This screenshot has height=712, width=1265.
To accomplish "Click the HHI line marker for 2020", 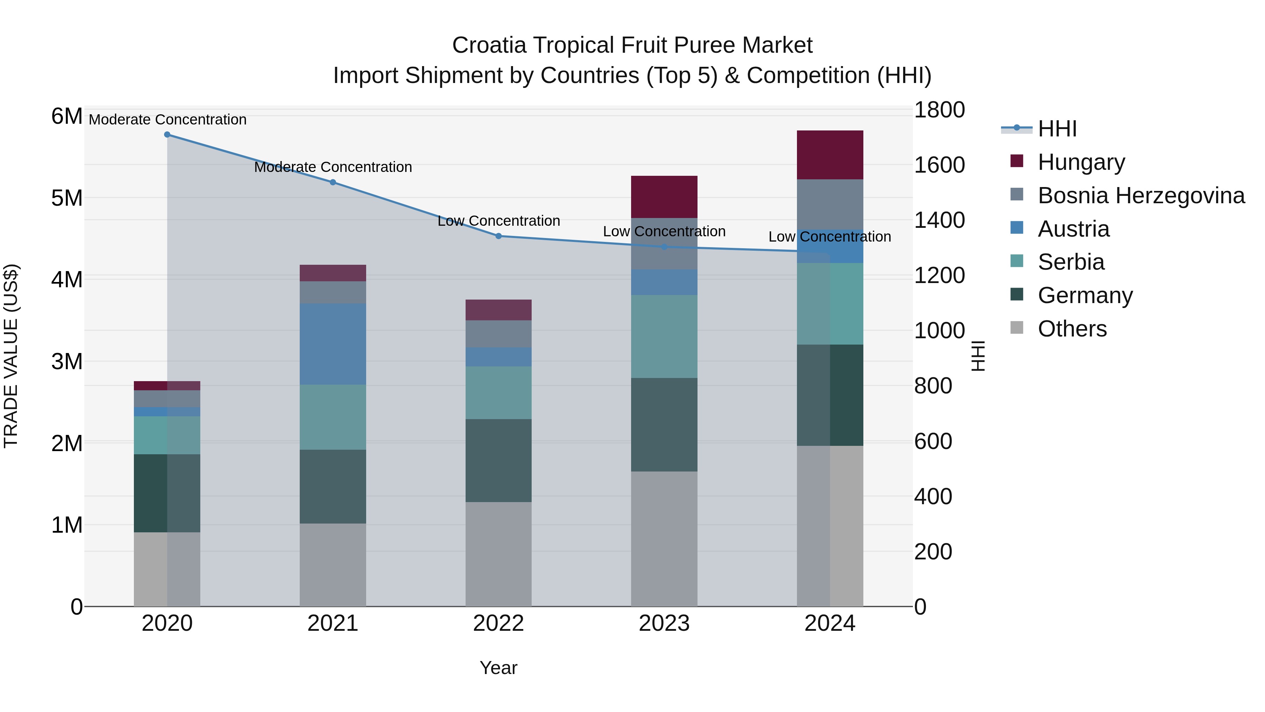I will [x=167, y=134].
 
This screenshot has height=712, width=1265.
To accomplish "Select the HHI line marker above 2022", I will [x=498, y=236].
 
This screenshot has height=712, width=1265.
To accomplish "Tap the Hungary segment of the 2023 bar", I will [x=664, y=197].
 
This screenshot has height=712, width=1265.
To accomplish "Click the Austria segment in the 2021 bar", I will [x=332, y=344].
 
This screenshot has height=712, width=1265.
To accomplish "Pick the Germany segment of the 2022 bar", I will [x=498, y=460].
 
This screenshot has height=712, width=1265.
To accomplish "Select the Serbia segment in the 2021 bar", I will [x=332, y=417].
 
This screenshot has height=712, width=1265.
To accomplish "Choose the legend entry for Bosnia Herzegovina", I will [x=1141, y=195].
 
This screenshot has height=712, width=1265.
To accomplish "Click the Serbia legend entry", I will [x=1071, y=262].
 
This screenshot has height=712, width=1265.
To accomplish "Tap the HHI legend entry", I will [x=1057, y=129].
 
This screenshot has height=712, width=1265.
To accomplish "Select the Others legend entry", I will [x=1072, y=329].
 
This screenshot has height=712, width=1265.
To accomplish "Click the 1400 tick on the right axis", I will [x=939, y=220].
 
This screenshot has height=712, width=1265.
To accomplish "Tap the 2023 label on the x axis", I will [x=664, y=623].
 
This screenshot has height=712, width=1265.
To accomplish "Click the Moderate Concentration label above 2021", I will [x=332, y=167].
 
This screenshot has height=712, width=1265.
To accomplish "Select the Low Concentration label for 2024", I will [x=829, y=237].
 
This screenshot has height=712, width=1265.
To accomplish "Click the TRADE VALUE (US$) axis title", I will [x=11, y=356].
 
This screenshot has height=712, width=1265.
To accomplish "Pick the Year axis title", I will [x=498, y=668].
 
